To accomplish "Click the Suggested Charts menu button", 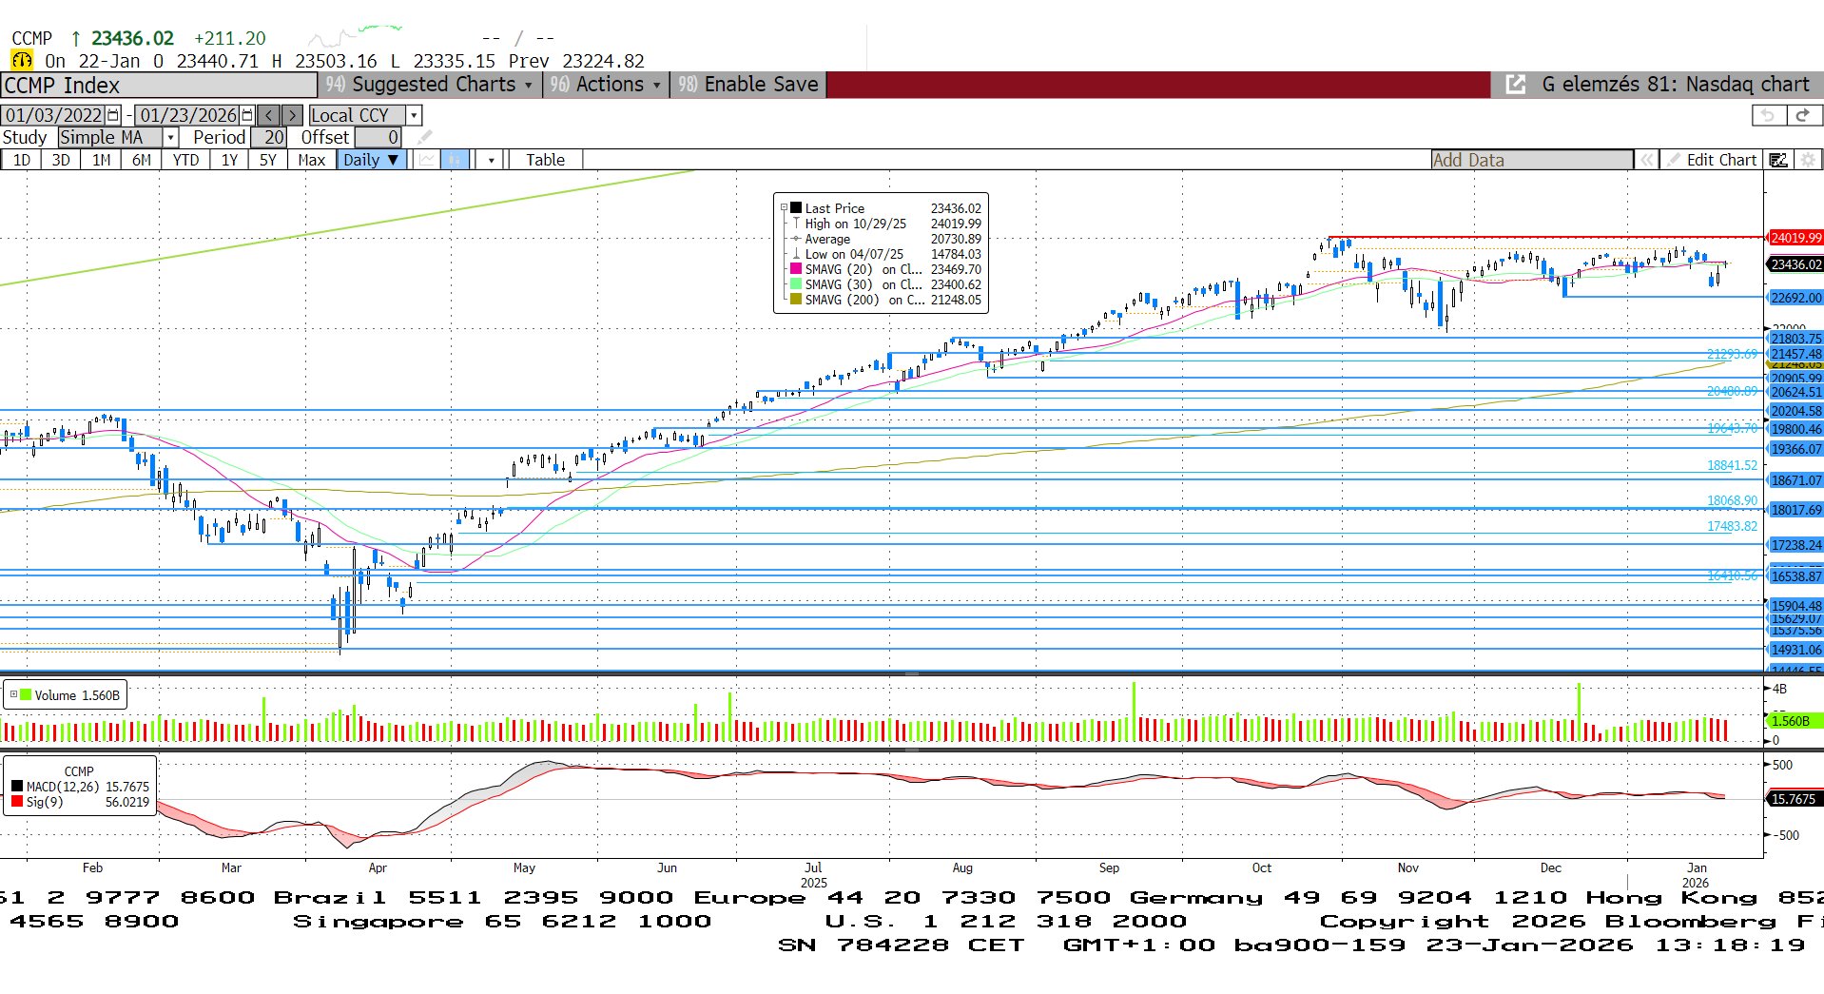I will pos(430,85).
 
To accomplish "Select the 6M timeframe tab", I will pos(141,160).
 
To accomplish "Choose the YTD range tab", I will pos(185,160).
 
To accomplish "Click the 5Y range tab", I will pos(268,160).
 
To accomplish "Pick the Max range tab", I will pos(311,160).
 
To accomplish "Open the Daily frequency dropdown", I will pos(371,160).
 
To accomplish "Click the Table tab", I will pos(545,160).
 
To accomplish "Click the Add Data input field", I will pos(1531,160).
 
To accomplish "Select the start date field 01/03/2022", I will pos(54,115).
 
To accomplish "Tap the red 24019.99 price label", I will pos(1795,238).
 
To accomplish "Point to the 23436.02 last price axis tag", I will pos(1795,264).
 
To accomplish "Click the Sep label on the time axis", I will pos(1109,867).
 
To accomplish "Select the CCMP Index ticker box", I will pos(159,86).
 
